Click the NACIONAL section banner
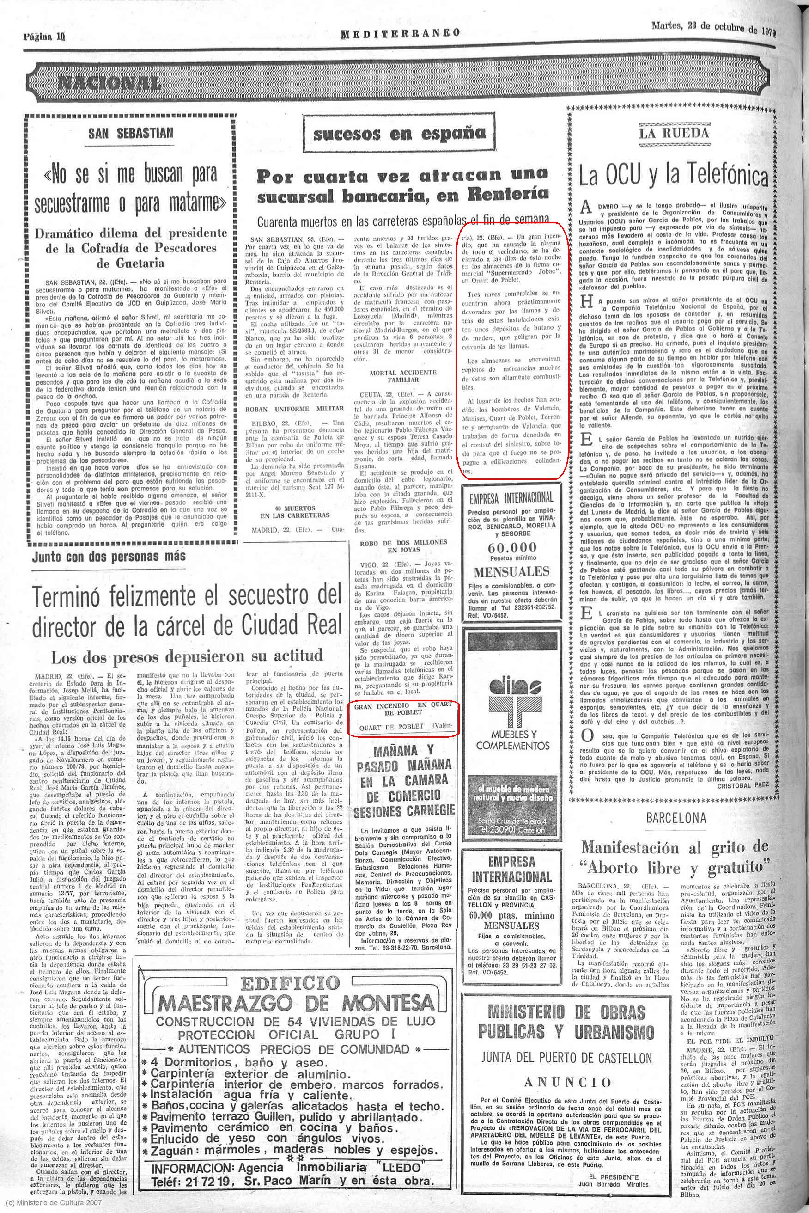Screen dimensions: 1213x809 109,82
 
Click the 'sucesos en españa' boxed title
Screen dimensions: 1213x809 399,134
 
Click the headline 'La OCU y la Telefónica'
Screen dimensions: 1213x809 673,176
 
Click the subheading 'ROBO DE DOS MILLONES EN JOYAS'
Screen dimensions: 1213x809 403,546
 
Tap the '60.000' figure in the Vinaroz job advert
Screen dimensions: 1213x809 512,548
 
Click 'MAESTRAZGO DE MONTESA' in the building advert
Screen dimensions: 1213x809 296,1004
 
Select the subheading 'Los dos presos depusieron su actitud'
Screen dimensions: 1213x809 186,656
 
